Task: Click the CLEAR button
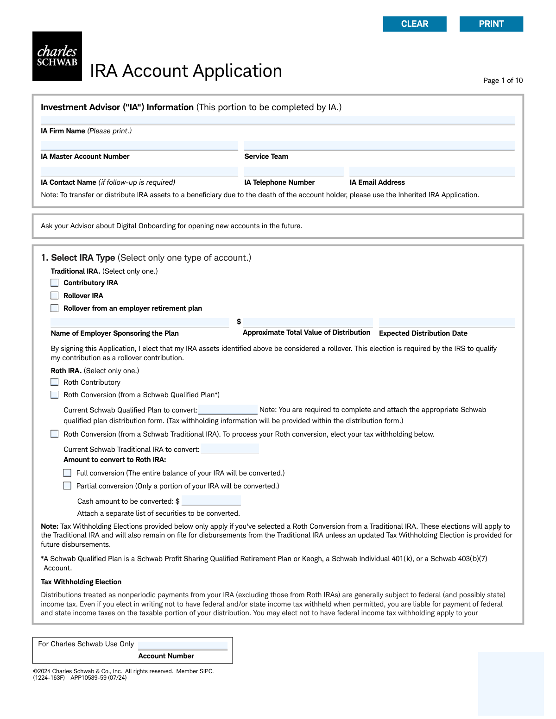pos(415,24)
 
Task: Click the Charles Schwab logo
pos(57,56)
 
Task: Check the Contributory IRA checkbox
pos(55,283)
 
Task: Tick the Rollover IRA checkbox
pos(55,296)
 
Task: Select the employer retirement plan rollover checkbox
pos(55,308)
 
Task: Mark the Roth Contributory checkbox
pos(55,382)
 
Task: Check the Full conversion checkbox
pos(68,473)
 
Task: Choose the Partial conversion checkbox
pos(68,486)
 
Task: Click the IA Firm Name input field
pos(278,120)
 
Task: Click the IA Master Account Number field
pos(139,146)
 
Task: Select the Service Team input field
pos(379,146)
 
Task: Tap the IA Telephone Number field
pos(294,172)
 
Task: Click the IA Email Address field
pos(432,172)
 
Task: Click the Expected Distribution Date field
pos(447,323)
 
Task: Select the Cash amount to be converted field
pos(211,501)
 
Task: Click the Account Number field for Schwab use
pos(183,645)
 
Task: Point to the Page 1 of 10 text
pos(503,81)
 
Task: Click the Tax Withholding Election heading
pos(81,582)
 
